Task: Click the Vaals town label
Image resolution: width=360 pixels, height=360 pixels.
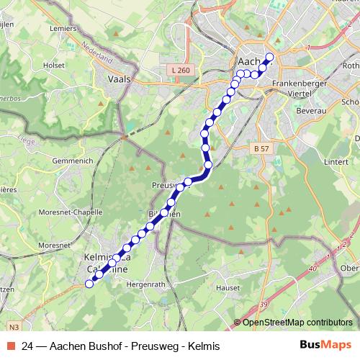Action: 118,80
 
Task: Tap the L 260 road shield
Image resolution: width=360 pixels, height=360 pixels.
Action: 182,69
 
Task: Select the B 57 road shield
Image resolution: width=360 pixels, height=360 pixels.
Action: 261,148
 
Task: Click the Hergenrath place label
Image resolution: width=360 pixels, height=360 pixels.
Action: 145,284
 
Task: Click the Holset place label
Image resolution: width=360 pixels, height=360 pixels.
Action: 54,64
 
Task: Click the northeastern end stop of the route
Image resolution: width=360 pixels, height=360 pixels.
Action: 270,57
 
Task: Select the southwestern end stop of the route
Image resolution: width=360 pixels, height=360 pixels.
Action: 90,284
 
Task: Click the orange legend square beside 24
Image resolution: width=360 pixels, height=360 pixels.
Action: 12,346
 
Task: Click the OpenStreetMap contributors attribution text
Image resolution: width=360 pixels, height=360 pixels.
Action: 297,323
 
